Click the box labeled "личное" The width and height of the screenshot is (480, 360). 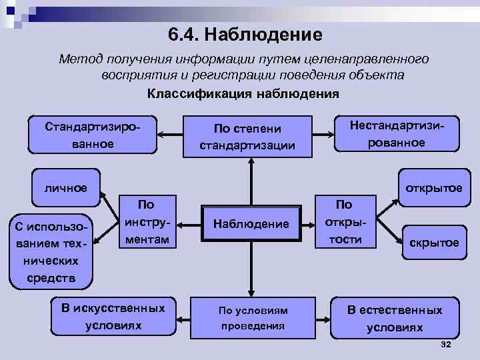(65, 187)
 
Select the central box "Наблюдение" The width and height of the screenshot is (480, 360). (252, 225)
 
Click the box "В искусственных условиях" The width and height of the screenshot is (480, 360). (113, 317)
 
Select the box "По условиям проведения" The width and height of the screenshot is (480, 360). (253, 318)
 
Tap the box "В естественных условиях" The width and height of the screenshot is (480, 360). (393, 319)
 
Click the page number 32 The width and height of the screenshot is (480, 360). (446, 343)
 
